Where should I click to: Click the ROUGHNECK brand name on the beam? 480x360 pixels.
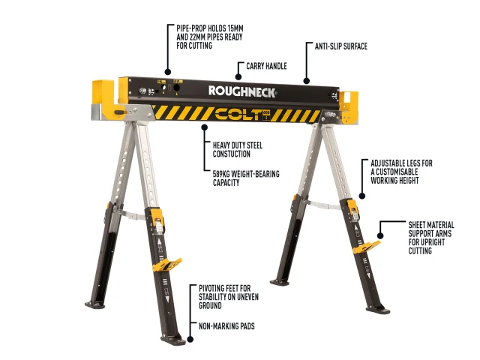(x=242, y=91)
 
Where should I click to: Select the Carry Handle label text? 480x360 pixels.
(x=266, y=66)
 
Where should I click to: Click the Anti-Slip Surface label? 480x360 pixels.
(x=341, y=46)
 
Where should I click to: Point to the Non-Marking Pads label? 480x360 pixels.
(x=226, y=326)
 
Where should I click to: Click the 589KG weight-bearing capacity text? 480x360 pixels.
(x=246, y=178)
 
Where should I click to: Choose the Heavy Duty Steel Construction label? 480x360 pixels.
(x=238, y=149)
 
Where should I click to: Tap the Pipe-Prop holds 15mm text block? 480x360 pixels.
(x=210, y=37)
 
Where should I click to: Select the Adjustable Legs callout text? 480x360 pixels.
(x=402, y=172)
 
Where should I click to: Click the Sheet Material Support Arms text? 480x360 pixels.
(x=431, y=238)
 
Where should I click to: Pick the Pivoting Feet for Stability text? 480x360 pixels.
(x=229, y=297)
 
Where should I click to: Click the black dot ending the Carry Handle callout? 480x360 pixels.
(x=238, y=76)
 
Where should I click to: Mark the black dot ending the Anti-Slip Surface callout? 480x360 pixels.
(x=307, y=81)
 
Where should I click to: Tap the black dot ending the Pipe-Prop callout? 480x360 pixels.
(x=168, y=72)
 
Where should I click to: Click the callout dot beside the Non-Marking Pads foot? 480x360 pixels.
(x=190, y=339)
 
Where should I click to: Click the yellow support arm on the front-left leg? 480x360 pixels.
(x=166, y=265)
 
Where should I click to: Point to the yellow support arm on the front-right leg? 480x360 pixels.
(x=367, y=247)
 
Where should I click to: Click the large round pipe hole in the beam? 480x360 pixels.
(x=177, y=88)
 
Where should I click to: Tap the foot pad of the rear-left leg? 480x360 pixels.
(x=95, y=304)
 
